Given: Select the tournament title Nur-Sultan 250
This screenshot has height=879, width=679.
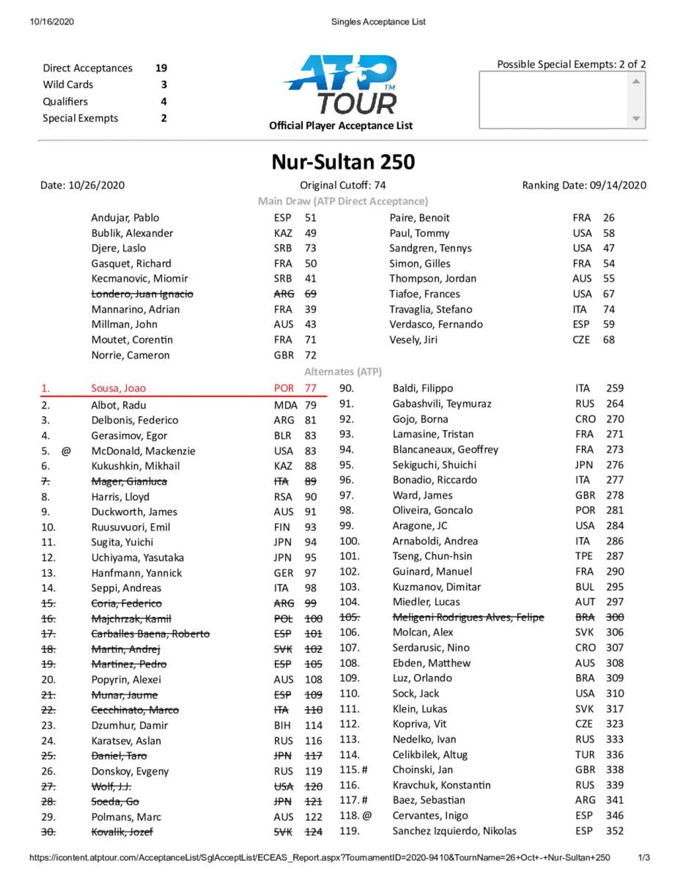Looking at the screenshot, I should pyautogui.click(x=343, y=162).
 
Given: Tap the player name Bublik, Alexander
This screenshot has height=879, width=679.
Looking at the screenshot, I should pyautogui.click(x=132, y=233).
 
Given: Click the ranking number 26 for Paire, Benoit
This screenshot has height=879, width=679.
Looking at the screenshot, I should pyautogui.click(x=608, y=218).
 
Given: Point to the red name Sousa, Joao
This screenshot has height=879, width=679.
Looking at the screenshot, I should pyautogui.click(x=118, y=388).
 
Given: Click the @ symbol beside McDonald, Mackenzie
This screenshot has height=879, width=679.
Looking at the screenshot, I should pyautogui.click(x=66, y=451).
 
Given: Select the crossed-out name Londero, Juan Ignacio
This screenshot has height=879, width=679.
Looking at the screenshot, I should pyautogui.click(x=142, y=294).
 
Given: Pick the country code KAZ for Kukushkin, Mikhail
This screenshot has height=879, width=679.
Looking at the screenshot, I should pyautogui.click(x=283, y=466).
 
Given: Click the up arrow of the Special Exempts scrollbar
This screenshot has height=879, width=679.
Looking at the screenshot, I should pyautogui.click(x=636, y=81).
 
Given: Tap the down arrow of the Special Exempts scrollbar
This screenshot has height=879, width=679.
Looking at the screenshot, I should pyautogui.click(x=636, y=119).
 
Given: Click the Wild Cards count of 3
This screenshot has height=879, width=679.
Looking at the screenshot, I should pyautogui.click(x=164, y=85).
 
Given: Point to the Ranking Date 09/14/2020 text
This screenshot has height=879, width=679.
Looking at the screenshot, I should pyautogui.click(x=584, y=185).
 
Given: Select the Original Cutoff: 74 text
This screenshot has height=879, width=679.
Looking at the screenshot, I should pyautogui.click(x=343, y=185).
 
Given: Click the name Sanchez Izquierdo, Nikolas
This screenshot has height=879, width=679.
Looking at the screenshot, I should pyautogui.click(x=454, y=831).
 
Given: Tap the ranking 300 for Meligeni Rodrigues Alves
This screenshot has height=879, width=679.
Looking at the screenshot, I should pyautogui.click(x=614, y=617).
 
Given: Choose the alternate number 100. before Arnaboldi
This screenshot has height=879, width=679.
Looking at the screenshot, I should pyautogui.click(x=349, y=541).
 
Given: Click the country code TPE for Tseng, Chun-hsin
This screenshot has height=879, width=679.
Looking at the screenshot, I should pyautogui.click(x=584, y=556).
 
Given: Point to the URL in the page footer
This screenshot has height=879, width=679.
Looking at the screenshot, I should pyautogui.click(x=320, y=857).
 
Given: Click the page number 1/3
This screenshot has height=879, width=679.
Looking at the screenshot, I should pyautogui.click(x=644, y=857).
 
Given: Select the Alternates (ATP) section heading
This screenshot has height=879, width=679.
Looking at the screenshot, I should pyautogui.click(x=343, y=372).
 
